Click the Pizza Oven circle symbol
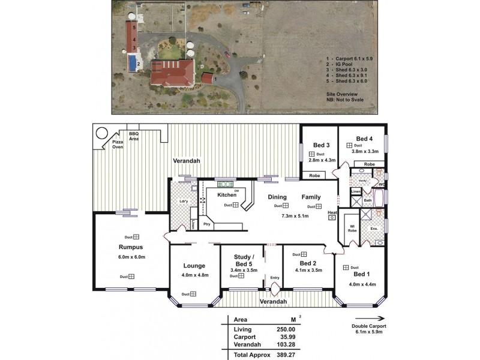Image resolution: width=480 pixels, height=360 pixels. click(102, 133)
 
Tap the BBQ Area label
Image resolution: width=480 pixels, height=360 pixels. click(134, 136)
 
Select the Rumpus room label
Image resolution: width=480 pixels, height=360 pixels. click(130, 247)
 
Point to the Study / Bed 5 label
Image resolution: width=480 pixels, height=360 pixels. click(243, 260)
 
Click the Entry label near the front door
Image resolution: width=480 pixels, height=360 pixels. click(275, 277)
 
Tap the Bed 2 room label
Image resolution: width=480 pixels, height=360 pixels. click(307, 263)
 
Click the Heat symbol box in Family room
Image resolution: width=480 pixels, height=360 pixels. click(331, 218)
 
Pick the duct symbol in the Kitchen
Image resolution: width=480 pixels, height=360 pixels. click(236, 205)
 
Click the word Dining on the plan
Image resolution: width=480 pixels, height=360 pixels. click(277, 197)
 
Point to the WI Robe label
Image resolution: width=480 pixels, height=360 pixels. click(352, 228)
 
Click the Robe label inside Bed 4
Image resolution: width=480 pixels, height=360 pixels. click(370, 164)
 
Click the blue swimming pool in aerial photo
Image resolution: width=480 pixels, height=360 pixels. click(131, 62)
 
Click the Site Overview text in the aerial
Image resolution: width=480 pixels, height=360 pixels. click(342, 95)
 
